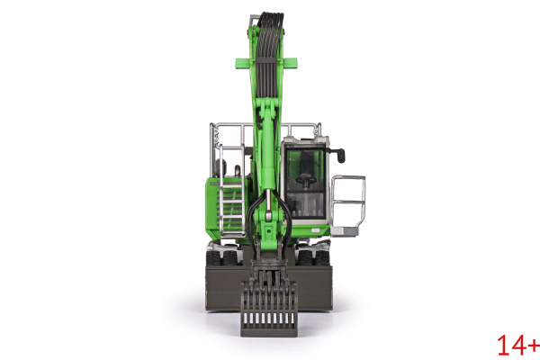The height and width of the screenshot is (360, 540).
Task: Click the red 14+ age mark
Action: coord(518,346)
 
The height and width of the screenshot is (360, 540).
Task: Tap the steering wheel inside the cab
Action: coord(306,179)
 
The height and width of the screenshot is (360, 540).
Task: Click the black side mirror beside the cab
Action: coord(340,156)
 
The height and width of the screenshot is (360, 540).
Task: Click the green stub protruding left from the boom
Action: coord(245,63)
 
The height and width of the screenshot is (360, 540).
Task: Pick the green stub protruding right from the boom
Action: coord(290,63)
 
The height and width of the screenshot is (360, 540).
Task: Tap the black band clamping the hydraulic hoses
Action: coord(267,60)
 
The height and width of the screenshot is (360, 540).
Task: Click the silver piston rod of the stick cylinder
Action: coord(268,201)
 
